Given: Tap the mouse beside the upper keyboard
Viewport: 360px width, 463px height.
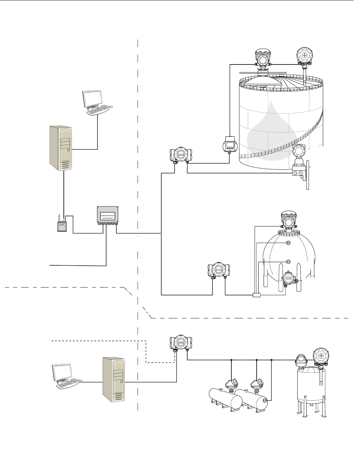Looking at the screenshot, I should tap(111, 106).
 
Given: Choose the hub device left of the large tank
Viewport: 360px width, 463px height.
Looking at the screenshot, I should tap(181, 155).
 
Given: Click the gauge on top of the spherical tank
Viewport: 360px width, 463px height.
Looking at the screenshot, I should tap(288, 222).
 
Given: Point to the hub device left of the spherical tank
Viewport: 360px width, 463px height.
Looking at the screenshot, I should tap(219, 270).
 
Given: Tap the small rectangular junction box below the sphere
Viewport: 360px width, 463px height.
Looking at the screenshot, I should tap(256, 295).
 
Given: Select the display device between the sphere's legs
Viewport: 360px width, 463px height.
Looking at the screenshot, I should tap(288, 278).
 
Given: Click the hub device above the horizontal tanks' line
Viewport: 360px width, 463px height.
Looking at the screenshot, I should tap(181, 342).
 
